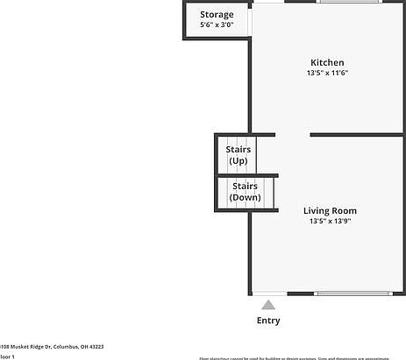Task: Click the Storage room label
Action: [x=217, y=15]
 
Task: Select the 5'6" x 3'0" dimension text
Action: [x=217, y=25]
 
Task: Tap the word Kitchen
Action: [x=327, y=62]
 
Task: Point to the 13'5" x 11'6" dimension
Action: [x=327, y=74]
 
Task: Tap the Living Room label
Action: [x=330, y=210]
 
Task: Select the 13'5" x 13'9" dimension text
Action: [x=330, y=222]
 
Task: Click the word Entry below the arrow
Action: [x=268, y=321]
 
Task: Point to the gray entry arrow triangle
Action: [x=268, y=305]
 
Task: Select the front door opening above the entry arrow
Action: [x=270, y=293]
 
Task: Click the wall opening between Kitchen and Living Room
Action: [x=293, y=135]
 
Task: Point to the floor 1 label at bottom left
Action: [x=7, y=356]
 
